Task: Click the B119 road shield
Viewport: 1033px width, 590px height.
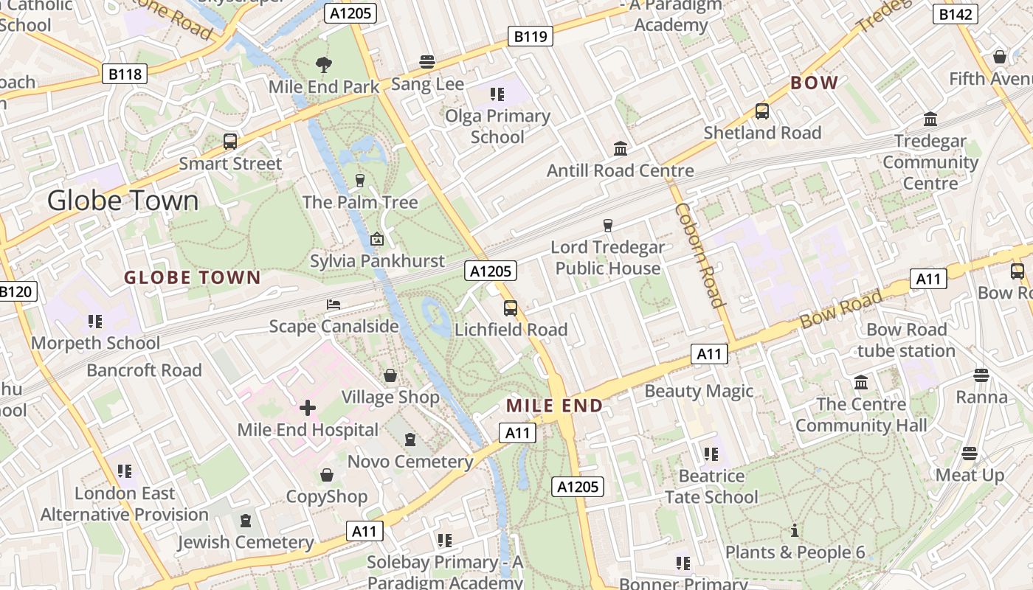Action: pyautogui.click(x=531, y=35)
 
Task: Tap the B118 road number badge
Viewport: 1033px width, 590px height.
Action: pyautogui.click(x=125, y=74)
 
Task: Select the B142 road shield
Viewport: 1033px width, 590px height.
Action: pyautogui.click(x=956, y=13)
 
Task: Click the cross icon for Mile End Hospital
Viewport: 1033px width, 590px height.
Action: pyautogui.click(x=308, y=408)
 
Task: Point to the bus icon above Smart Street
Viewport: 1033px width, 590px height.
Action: pyautogui.click(x=230, y=142)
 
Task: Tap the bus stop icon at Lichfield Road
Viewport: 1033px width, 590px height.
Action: pyautogui.click(x=511, y=308)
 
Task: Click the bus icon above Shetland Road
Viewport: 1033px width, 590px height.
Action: pyautogui.click(x=762, y=111)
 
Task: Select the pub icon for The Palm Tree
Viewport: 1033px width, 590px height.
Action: pyautogui.click(x=360, y=181)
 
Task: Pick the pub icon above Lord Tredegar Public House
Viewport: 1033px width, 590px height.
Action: pyautogui.click(x=608, y=226)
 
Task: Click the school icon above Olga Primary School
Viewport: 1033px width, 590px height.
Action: pyautogui.click(x=497, y=94)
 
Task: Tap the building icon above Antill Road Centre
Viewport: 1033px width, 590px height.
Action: pyautogui.click(x=621, y=149)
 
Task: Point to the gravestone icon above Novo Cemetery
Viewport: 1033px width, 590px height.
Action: pyautogui.click(x=410, y=440)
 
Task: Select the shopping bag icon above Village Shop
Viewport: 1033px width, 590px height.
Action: pyautogui.click(x=390, y=376)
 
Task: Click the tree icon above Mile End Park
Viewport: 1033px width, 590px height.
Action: pyautogui.click(x=323, y=65)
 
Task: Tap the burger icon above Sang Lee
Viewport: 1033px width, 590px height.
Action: pyautogui.click(x=427, y=62)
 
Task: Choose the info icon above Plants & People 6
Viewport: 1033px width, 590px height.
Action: pyautogui.click(x=795, y=530)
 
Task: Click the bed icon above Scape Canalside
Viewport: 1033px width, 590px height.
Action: pyautogui.click(x=334, y=305)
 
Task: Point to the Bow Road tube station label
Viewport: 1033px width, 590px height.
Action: pyautogui.click(x=906, y=340)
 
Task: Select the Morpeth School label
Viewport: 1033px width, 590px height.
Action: pyautogui.click(x=95, y=343)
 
